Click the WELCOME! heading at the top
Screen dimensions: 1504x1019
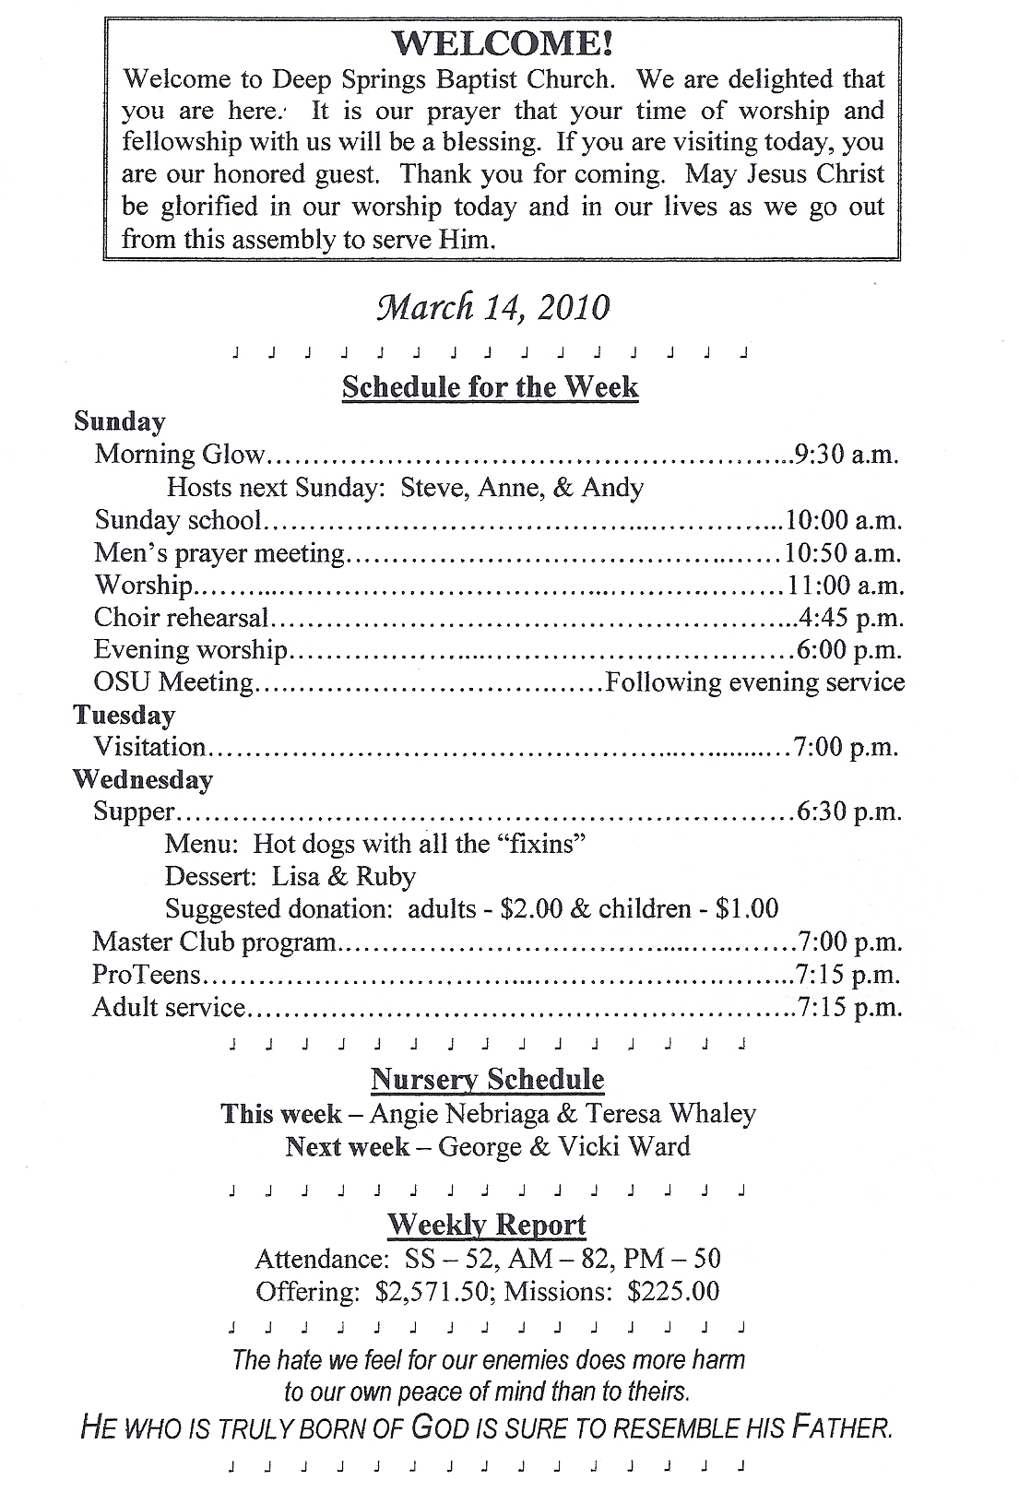[503, 43]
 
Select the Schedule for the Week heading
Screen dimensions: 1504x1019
[490, 386]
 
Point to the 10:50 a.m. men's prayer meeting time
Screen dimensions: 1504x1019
[843, 552]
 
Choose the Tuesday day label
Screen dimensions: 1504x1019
[124, 715]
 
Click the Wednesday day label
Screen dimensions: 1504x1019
[143, 779]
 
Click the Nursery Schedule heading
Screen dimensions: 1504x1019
[487, 1079]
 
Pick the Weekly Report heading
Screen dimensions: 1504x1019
[486, 1225]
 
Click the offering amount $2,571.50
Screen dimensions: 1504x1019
[432, 1291]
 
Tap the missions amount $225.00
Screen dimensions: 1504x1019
[673, 1291]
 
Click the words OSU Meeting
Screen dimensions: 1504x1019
[173, 682]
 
